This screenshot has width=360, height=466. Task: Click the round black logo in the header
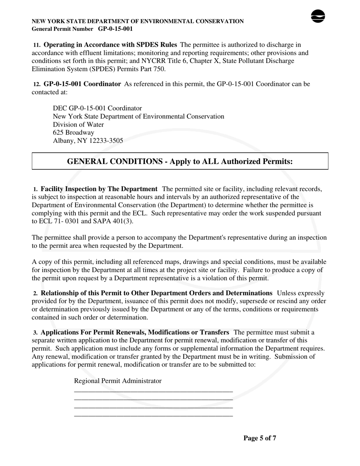[318, 16]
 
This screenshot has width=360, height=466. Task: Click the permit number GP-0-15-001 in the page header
[115, 29]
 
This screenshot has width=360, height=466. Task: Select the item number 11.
[37, 45]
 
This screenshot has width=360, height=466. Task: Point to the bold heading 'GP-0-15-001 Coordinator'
[82, 84]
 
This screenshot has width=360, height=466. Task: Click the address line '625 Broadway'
[74, 133]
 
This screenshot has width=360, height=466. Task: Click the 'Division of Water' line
[78, 125]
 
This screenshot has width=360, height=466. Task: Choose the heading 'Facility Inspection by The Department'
[99, 189]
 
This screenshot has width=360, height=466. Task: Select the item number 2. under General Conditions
[35, 293]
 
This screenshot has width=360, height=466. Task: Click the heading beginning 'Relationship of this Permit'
[156, 293]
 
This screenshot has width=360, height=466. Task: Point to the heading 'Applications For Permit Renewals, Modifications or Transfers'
[135, 332]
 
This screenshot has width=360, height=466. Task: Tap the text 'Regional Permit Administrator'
[117, 381]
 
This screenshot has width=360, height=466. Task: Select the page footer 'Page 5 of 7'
[260, 438]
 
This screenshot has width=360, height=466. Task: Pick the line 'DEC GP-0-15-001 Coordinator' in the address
[97, 108]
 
